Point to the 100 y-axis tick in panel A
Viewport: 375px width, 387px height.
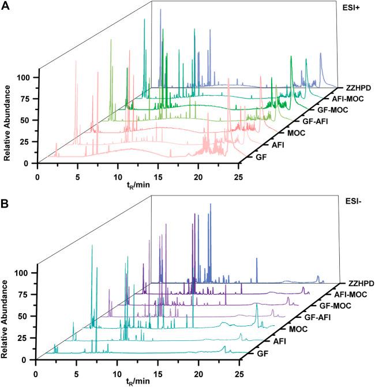26,77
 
